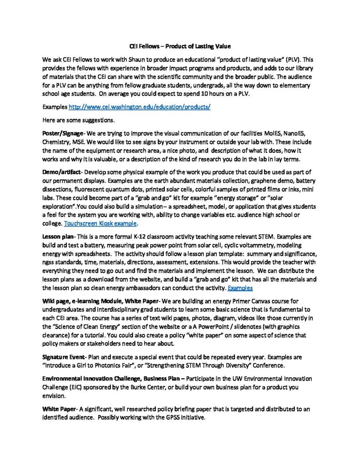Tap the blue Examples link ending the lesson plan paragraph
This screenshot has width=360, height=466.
pos(240,288)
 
